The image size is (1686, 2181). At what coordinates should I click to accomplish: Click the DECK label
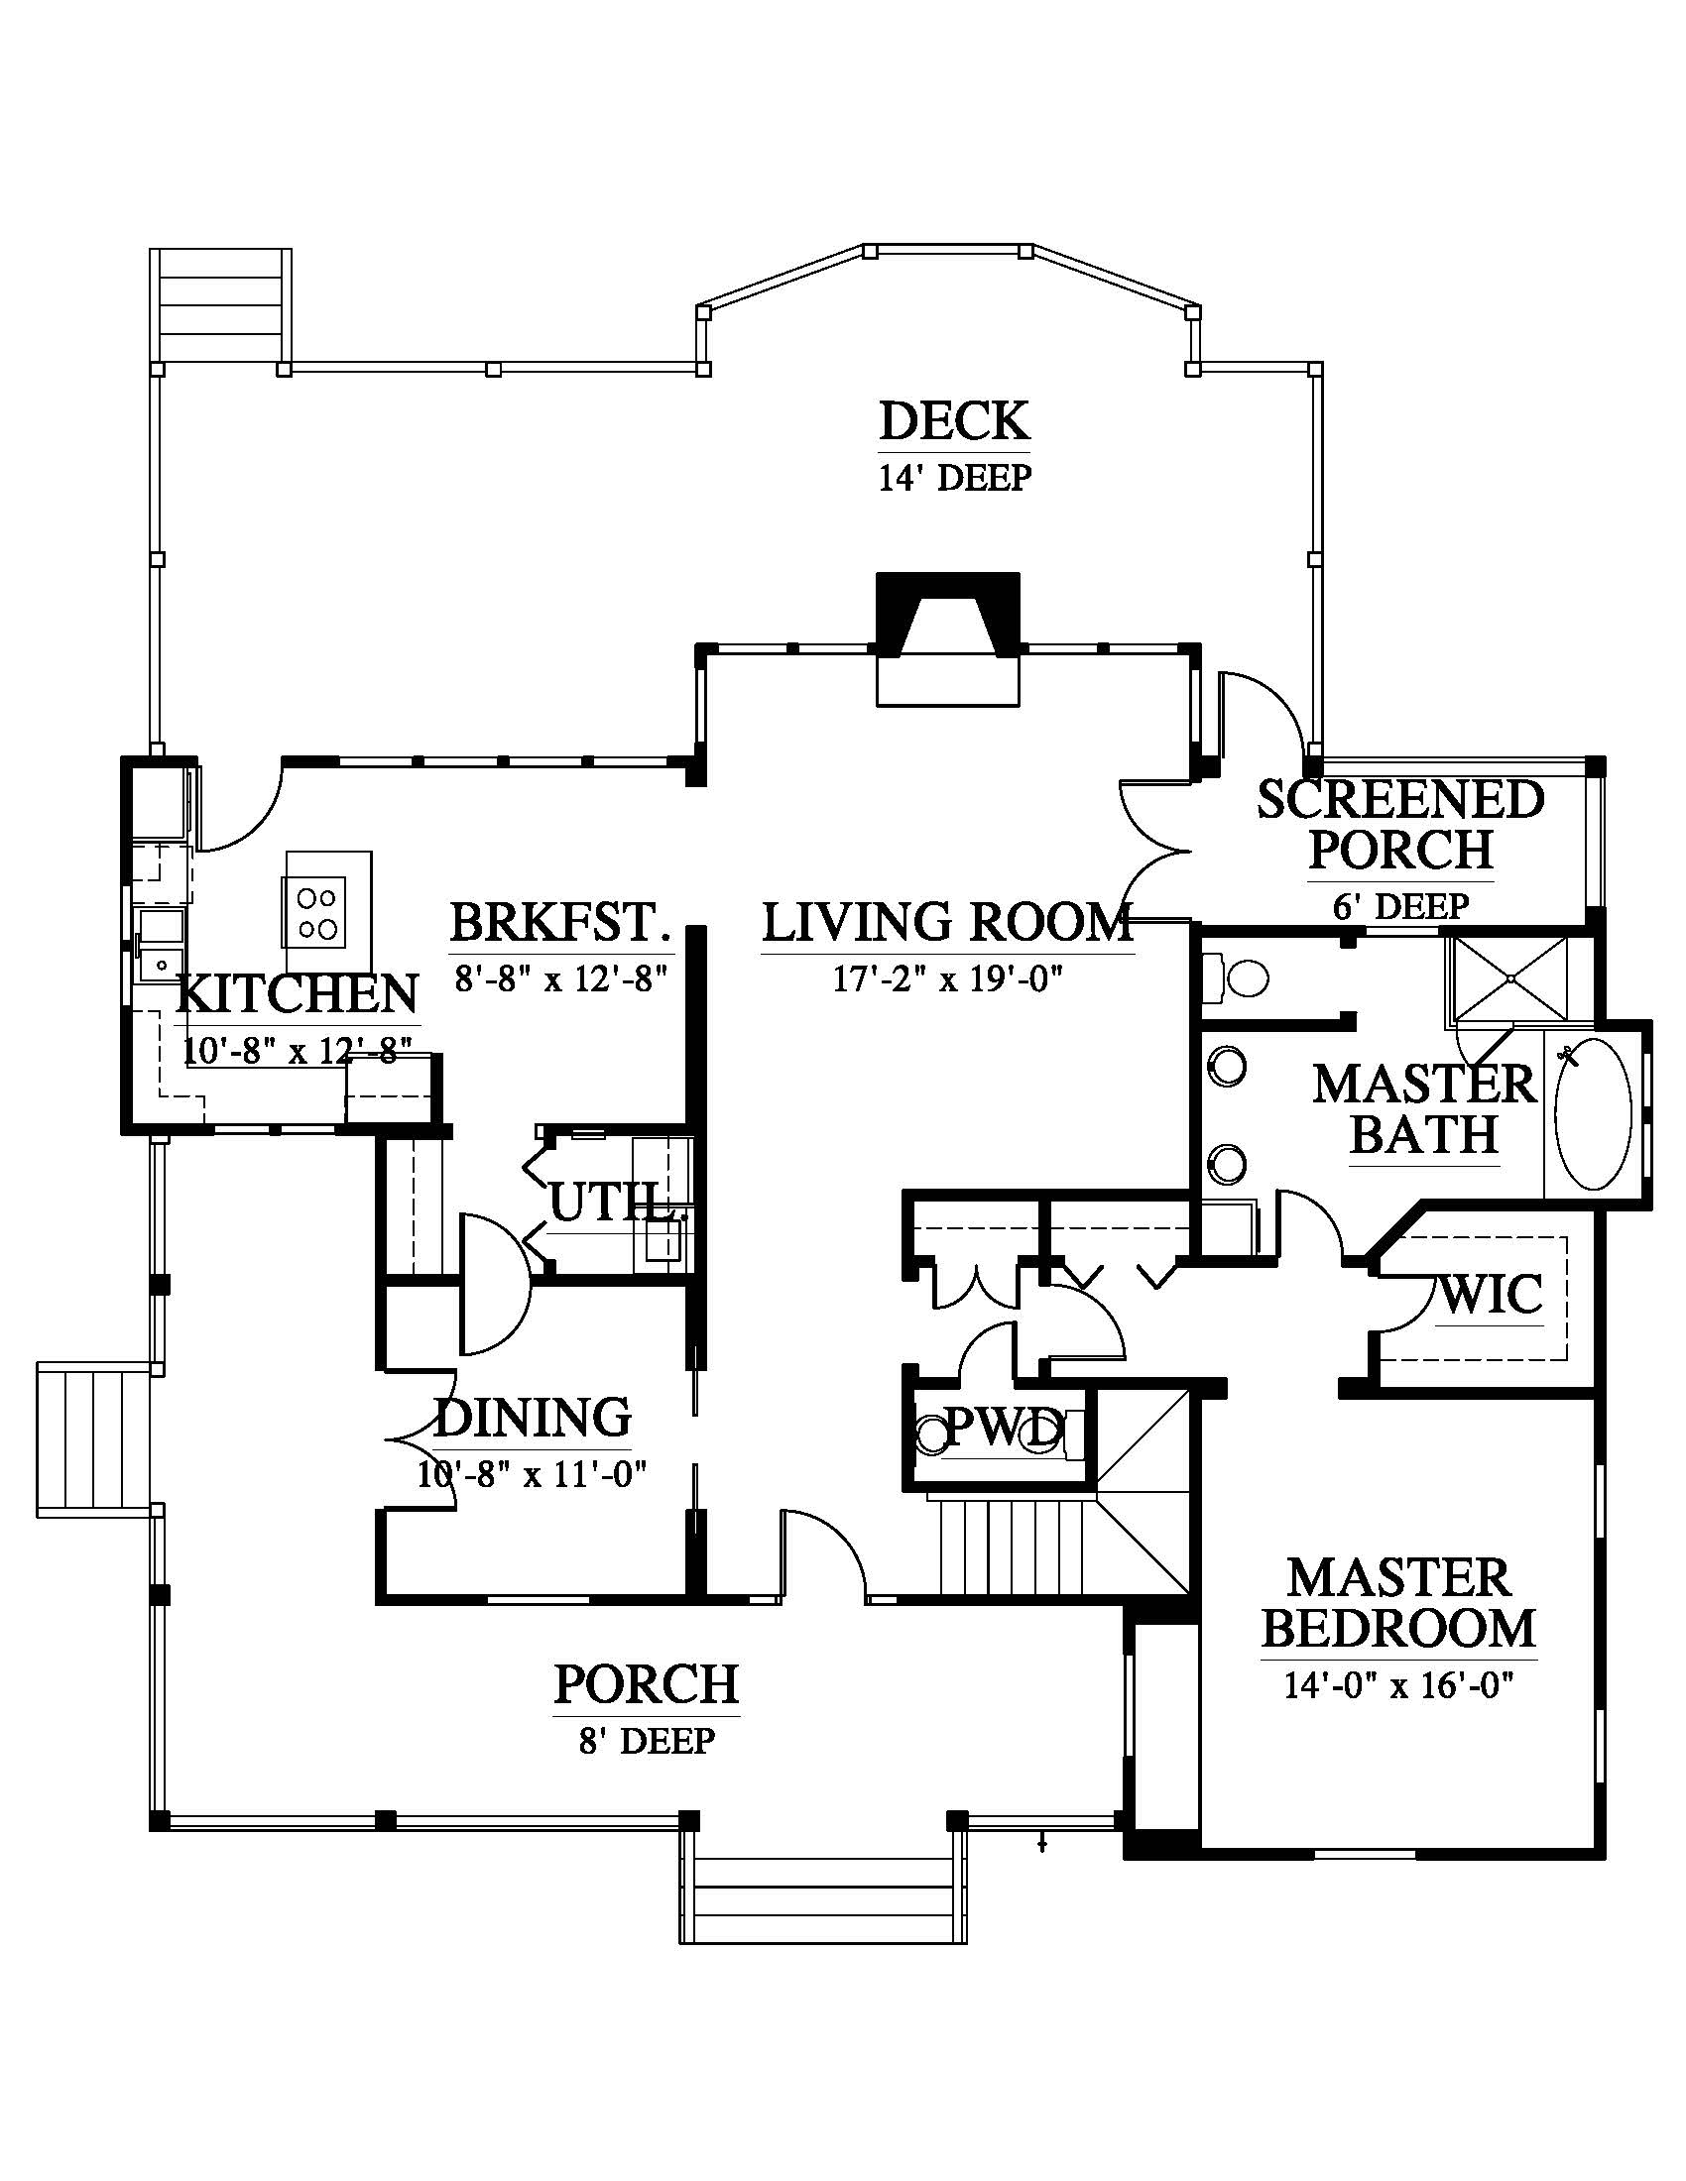click(954, 421)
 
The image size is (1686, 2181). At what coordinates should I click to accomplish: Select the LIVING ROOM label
click(947, 923)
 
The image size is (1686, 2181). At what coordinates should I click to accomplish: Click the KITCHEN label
click(298, 994)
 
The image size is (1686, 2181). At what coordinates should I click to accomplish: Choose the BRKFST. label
click(559, 923)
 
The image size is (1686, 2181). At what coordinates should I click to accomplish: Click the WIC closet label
click(1492, 1296)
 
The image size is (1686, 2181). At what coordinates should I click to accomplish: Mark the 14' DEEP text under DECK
click(954, 479)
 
